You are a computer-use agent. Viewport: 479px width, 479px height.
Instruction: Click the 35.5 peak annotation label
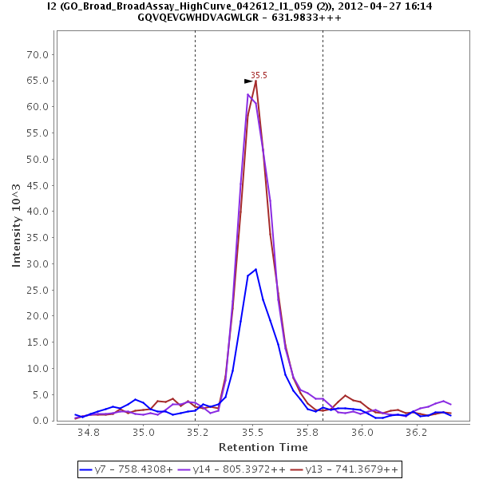pos(259,75)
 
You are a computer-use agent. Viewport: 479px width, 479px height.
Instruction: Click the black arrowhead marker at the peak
pos(248,81)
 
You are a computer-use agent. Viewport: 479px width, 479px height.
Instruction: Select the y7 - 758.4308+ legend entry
pos(126,469)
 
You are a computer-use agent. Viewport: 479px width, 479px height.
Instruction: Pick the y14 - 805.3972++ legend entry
pos(238,469)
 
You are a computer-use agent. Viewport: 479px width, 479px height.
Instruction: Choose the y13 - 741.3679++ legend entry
pos(349,469)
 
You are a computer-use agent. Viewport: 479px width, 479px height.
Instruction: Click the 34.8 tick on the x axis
pos(89,432)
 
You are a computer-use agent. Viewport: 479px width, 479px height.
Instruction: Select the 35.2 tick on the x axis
pos(197,432)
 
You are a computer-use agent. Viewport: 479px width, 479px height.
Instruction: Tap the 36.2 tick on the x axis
pos(416,432)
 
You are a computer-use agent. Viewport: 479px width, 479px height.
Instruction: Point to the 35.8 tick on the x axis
pos(307,432)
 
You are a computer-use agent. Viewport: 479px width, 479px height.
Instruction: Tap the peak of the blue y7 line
pos(255,269)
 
